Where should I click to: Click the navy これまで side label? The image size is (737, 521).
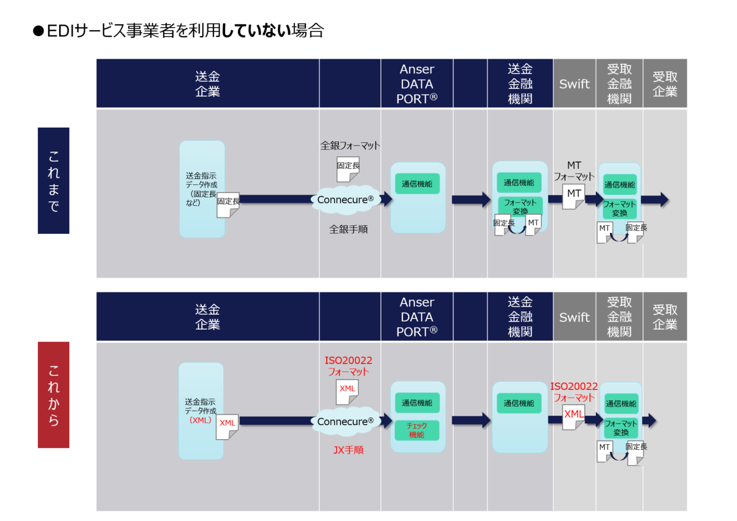pos(53,180)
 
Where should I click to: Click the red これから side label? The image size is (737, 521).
pos(53,394)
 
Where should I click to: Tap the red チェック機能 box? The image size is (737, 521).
pos(417,430)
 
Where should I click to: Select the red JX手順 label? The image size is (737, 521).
pos(349,450)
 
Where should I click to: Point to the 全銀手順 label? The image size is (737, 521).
pos(349,229)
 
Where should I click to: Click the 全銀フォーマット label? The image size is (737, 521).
pos(350,145)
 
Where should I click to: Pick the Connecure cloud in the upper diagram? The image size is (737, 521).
pos(346,200)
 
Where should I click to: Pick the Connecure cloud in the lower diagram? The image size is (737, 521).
pos(346,422)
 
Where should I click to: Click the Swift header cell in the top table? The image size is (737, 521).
pos(574,84)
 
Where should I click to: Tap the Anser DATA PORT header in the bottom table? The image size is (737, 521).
pos(417,317)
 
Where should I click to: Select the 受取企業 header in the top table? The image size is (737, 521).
pos(665,84)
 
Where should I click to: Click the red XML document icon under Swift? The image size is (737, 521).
pos(573,416)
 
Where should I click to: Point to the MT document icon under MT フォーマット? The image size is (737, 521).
pos(573,196)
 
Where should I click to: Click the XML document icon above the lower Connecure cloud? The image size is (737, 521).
pos(347,391)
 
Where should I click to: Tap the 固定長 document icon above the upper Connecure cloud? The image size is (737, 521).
pos(348,169)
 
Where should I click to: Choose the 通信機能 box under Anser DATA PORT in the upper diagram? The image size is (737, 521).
pos(417,184)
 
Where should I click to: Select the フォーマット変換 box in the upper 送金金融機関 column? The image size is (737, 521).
pos(520,206)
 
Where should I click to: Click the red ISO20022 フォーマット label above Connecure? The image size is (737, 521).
pos(349,366)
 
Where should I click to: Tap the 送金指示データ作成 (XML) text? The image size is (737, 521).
pos(201,411)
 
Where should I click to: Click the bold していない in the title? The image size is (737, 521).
pos(256,30)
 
